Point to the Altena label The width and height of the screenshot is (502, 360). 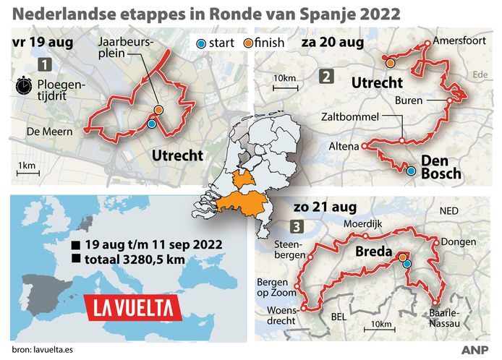[x=344, y=146]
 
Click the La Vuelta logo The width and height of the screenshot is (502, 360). [x=134, y=308]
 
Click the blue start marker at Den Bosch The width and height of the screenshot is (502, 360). [x=412, y=171]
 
